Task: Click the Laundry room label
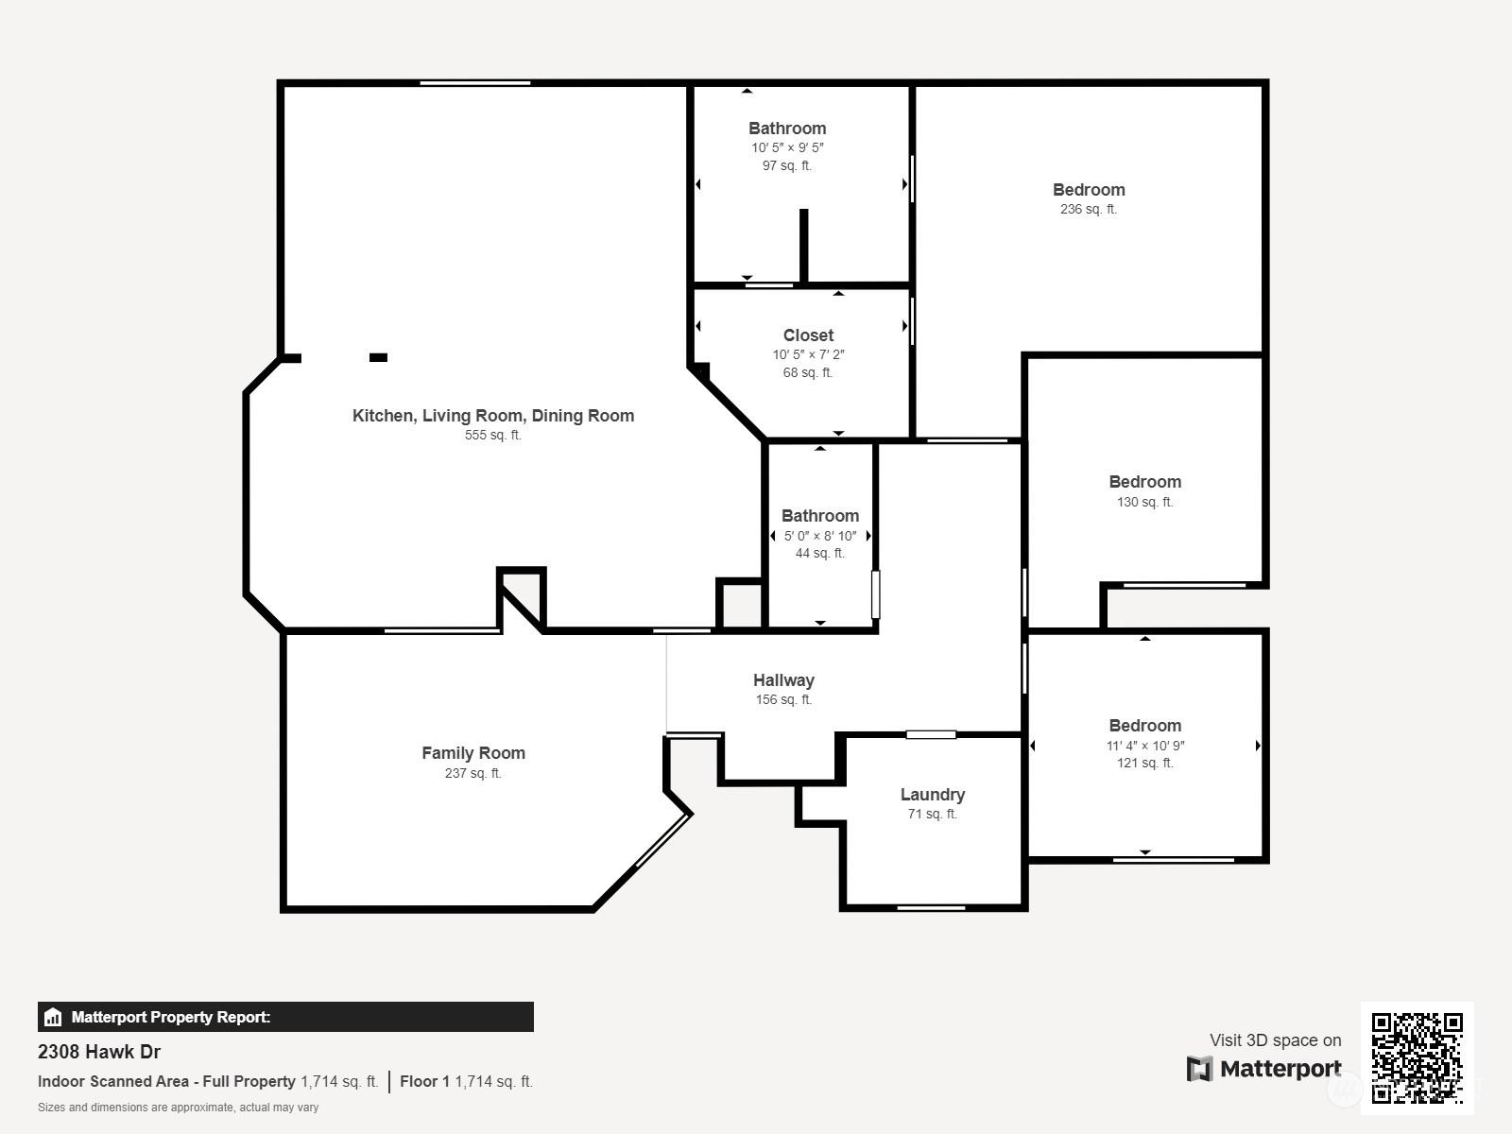click(x=932, y=795)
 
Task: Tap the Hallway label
click(x=784, y=680)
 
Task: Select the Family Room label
click(x=473, y=753)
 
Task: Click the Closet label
click(x=808, y=335)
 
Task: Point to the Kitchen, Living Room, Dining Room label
click(x=493, y=416)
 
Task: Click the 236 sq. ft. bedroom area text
click(x=1089, y=209)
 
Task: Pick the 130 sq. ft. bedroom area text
click(x=1144, y=502)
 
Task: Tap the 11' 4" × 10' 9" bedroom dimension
click(x=1145, y=746)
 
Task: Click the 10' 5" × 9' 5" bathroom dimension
click(x=787, y=148)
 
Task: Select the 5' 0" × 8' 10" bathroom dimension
click(x=819, y=536)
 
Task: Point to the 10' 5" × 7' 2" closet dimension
click(x=808, y=354)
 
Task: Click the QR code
click(x=1417, y=1058)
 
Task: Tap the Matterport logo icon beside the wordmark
click(x=1199, y=1069)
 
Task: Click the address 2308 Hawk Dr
click(x=99, y=1052)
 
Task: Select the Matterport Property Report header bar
click(x=286, y=1017)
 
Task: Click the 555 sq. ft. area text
click(x=493, y=435)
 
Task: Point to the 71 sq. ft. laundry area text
click(x=932, y=814)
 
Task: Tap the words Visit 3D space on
click(x=1275, y=1040)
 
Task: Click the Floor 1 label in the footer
click(x=424, y=1082)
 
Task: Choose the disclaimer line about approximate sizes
click(x=179, y=1108)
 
